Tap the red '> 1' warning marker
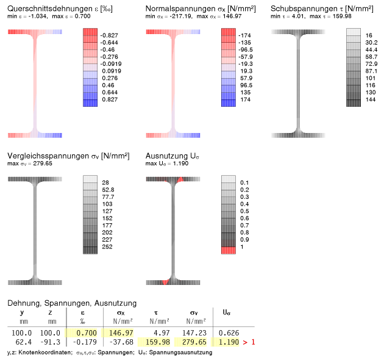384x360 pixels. pos(247,342)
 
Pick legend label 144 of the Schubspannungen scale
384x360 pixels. pos(370,99)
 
